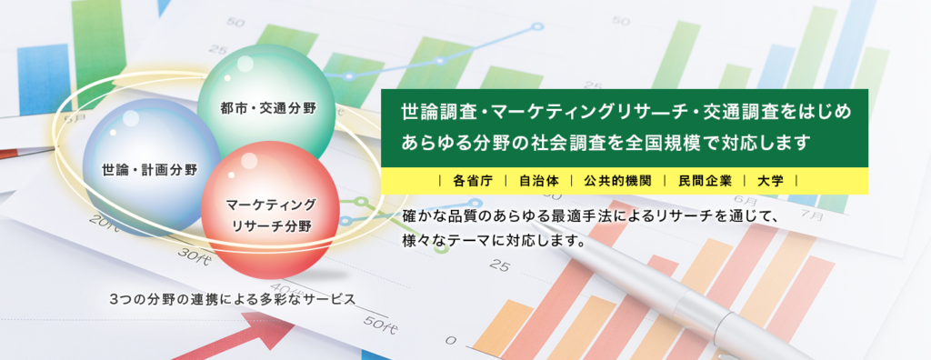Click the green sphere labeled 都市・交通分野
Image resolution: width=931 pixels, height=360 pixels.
pos(266,107)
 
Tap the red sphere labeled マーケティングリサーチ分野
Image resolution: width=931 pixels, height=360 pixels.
pos(270,210)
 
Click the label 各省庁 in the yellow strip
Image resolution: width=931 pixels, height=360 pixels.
pos(473,181)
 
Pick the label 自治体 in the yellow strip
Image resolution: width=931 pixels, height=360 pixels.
pos(536,181)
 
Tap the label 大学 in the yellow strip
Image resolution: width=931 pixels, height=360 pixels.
pos(770,181)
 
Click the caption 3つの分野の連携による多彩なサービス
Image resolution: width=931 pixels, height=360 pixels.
pos(233,299)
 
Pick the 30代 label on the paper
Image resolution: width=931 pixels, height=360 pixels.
pos(194,257)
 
